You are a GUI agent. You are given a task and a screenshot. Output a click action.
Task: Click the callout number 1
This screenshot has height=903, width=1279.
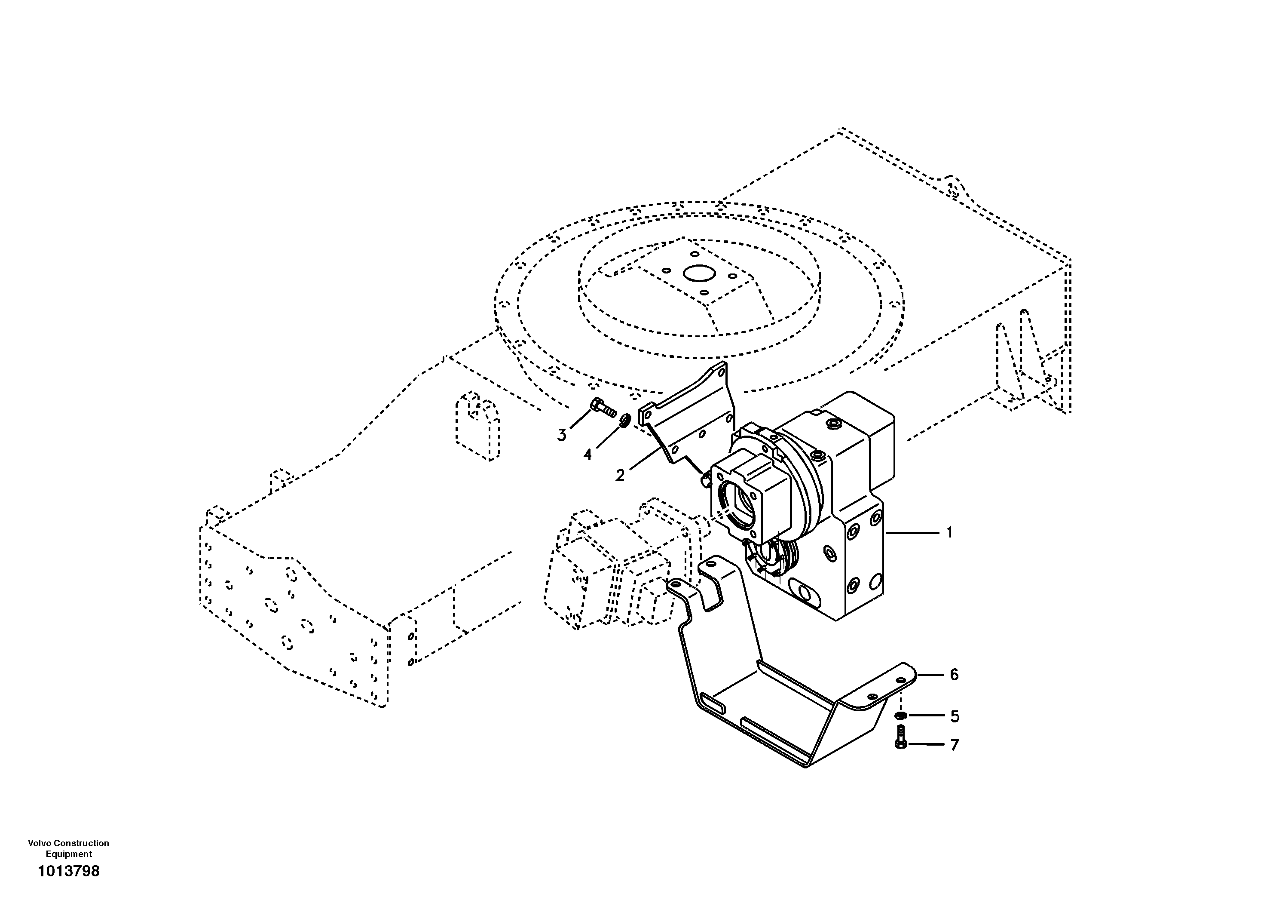[x=949, y=533]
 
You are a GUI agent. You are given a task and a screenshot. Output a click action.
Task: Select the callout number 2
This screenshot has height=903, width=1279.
[x=620, y=476]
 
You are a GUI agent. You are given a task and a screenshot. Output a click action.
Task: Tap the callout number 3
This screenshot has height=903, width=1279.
[x=562, y=435]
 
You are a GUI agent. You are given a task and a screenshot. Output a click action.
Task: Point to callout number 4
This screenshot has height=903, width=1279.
[x=587, y=455]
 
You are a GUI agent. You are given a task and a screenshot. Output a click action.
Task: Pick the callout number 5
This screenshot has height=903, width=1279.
[x=955, y=716]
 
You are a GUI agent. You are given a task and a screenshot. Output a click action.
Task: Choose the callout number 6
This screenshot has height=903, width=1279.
[x=954, y=675]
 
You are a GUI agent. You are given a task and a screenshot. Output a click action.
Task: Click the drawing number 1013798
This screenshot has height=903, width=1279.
[x=68, y=871]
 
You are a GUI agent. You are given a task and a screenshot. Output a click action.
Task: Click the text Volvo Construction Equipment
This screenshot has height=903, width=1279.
[x=68, y=848]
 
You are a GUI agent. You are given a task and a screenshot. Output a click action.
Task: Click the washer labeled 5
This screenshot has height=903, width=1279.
[x=900, y=716]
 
